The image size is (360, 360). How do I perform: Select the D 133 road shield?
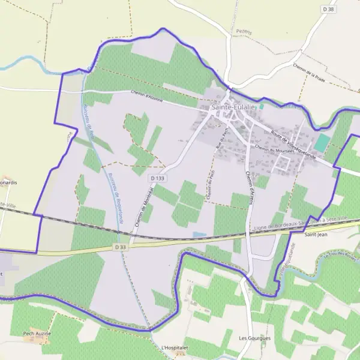click(x=158, y=178)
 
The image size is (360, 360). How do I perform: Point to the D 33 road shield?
click(x=119, y=246)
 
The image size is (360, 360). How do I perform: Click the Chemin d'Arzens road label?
click(x=250, y=186)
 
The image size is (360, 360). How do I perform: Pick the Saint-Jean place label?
click(x=315, y=235)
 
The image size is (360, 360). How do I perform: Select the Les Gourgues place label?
click(x=255, y=338)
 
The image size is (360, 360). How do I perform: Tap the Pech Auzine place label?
click(x=38, y=333)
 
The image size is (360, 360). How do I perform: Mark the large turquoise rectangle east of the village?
click(x=322, y=143)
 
